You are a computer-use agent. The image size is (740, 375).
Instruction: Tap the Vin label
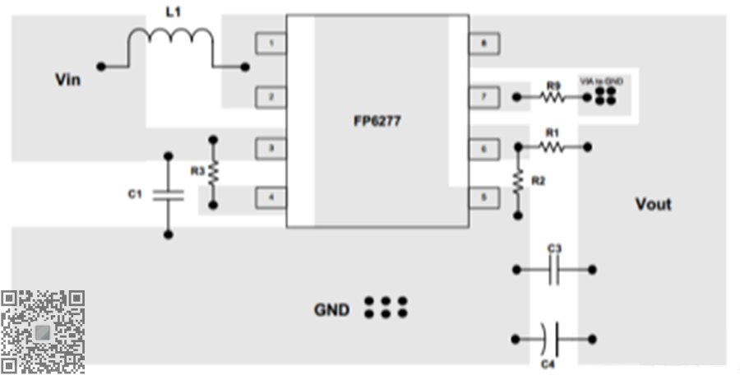click(x=67, y=80)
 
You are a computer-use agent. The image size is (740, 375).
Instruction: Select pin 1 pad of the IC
click(x=271, y=43)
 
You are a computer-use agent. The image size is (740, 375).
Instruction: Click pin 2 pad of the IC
click(x=271, y=97)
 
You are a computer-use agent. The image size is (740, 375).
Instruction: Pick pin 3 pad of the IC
click(x=271, y=149)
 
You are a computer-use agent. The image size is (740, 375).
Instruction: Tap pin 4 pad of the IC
click(x=271, y=197)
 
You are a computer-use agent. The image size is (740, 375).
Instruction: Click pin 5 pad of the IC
click(x=484, y=197)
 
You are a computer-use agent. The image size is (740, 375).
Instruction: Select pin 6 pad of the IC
click(x=484, y=149)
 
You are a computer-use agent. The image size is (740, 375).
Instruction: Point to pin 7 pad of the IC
click(x=484, y=97)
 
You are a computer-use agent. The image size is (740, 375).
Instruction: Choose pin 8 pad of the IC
click(x=484, y=43)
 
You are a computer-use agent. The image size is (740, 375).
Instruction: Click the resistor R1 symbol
click(x=552, y=146)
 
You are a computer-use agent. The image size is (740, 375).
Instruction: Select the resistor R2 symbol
click(x=518, y=180)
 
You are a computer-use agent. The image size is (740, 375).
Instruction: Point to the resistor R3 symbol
click(x=215, y=172)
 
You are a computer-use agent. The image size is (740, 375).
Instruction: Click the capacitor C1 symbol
click(x=169, y=195)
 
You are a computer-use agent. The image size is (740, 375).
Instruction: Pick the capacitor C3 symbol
click(x=554, y=269)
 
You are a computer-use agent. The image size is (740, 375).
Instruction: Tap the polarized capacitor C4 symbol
click(x=551, y=337)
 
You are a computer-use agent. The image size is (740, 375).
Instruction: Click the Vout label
click(x=653, y=204)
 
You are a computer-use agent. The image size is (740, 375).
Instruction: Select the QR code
click(x=43, y=331)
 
